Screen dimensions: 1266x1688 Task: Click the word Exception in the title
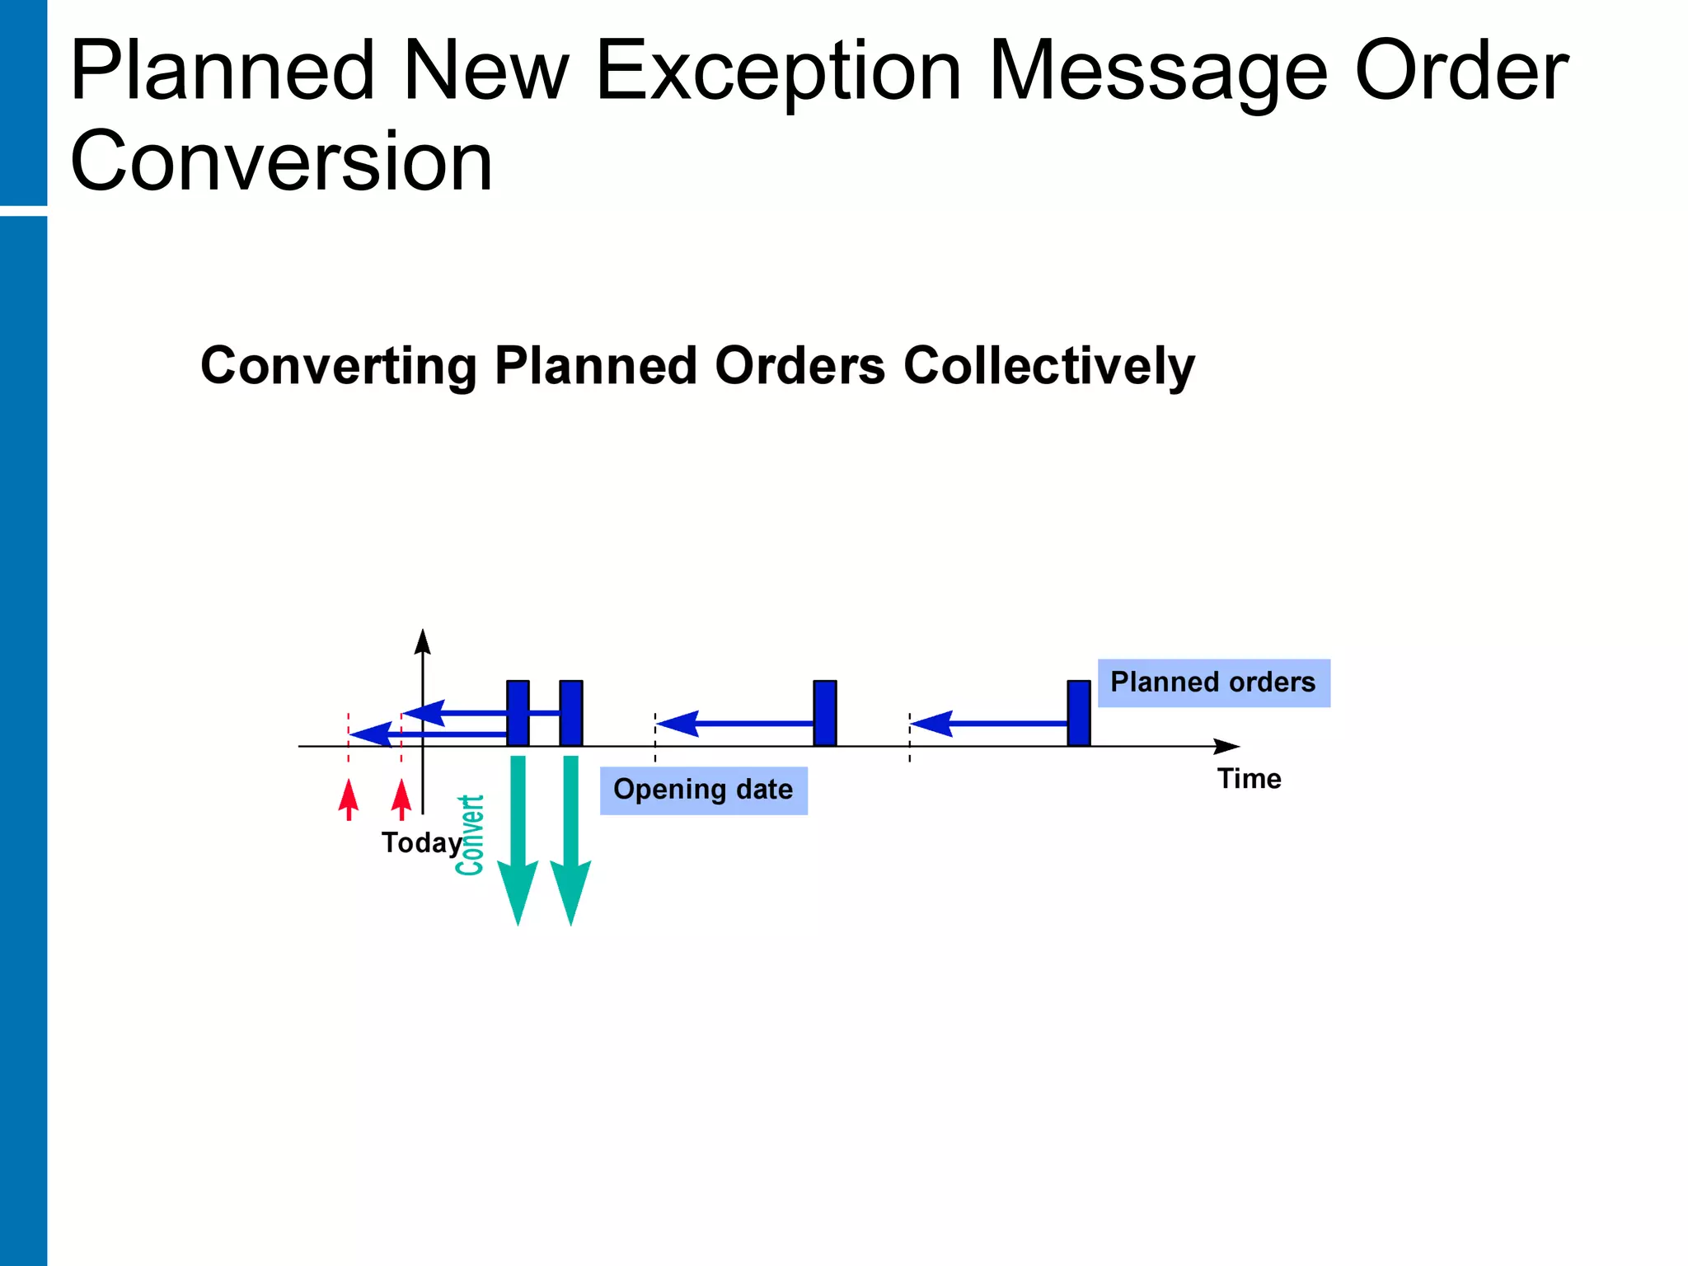coord(777,73)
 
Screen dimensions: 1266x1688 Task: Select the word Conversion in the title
coord(281,162)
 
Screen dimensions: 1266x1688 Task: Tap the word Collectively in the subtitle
coord(1048,366)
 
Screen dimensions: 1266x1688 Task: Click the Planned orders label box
coord(1213,682)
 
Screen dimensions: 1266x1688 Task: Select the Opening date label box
coord(703,790)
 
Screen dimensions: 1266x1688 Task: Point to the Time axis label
coord(1249,779)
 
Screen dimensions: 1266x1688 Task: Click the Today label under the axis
coord(421,843)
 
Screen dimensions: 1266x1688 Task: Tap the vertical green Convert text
coord(470,835)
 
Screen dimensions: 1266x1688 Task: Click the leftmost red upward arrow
coord(349,799)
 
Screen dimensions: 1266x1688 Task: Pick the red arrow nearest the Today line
coord(401,799)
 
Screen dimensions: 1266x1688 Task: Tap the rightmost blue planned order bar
coord(1078,713)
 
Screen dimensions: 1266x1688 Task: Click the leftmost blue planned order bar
coord(518,713)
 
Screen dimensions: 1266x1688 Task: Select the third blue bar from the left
coord(824,713)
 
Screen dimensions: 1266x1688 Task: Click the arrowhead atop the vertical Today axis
coord(423,642)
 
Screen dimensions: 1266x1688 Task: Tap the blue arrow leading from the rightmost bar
coord(989,724)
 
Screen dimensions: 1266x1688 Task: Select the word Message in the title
coord(1157,73)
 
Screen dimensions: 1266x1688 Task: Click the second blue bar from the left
coord(570,713)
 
